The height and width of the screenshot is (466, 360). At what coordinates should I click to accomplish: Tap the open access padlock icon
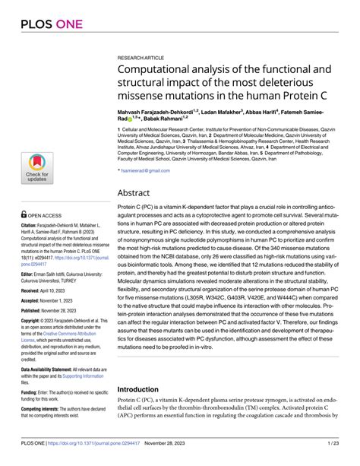[25, 214]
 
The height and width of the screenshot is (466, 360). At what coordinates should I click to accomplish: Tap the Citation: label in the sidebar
[30, 227]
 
